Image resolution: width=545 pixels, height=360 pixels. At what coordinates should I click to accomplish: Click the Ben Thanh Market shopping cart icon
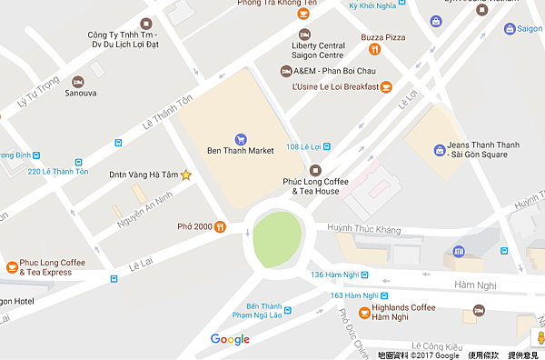coord(241,139)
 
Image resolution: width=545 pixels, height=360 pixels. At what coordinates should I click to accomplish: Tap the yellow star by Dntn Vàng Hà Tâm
coord(186,175)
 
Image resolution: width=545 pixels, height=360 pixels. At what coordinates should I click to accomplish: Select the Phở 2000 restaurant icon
coord(221,227)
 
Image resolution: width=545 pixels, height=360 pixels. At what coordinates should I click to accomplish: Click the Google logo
coord(230,340)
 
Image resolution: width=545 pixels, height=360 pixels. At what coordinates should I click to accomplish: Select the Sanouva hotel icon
coord(77,82)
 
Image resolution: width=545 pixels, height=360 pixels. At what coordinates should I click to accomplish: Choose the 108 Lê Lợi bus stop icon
coord(327,146)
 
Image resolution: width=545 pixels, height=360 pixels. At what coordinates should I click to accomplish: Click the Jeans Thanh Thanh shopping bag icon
coord(440,149)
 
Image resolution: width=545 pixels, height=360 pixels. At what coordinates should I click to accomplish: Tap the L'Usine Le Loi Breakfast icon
coord(386,87)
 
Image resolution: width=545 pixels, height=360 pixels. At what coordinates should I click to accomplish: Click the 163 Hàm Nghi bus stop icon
coord(385,295)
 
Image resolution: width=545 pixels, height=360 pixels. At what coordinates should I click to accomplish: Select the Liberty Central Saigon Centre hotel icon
coord(305,34)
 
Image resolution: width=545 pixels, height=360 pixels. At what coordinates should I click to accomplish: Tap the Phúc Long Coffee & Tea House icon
coord(316,170)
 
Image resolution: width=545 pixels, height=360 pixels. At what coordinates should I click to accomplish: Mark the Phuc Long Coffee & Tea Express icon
coord(12,267)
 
